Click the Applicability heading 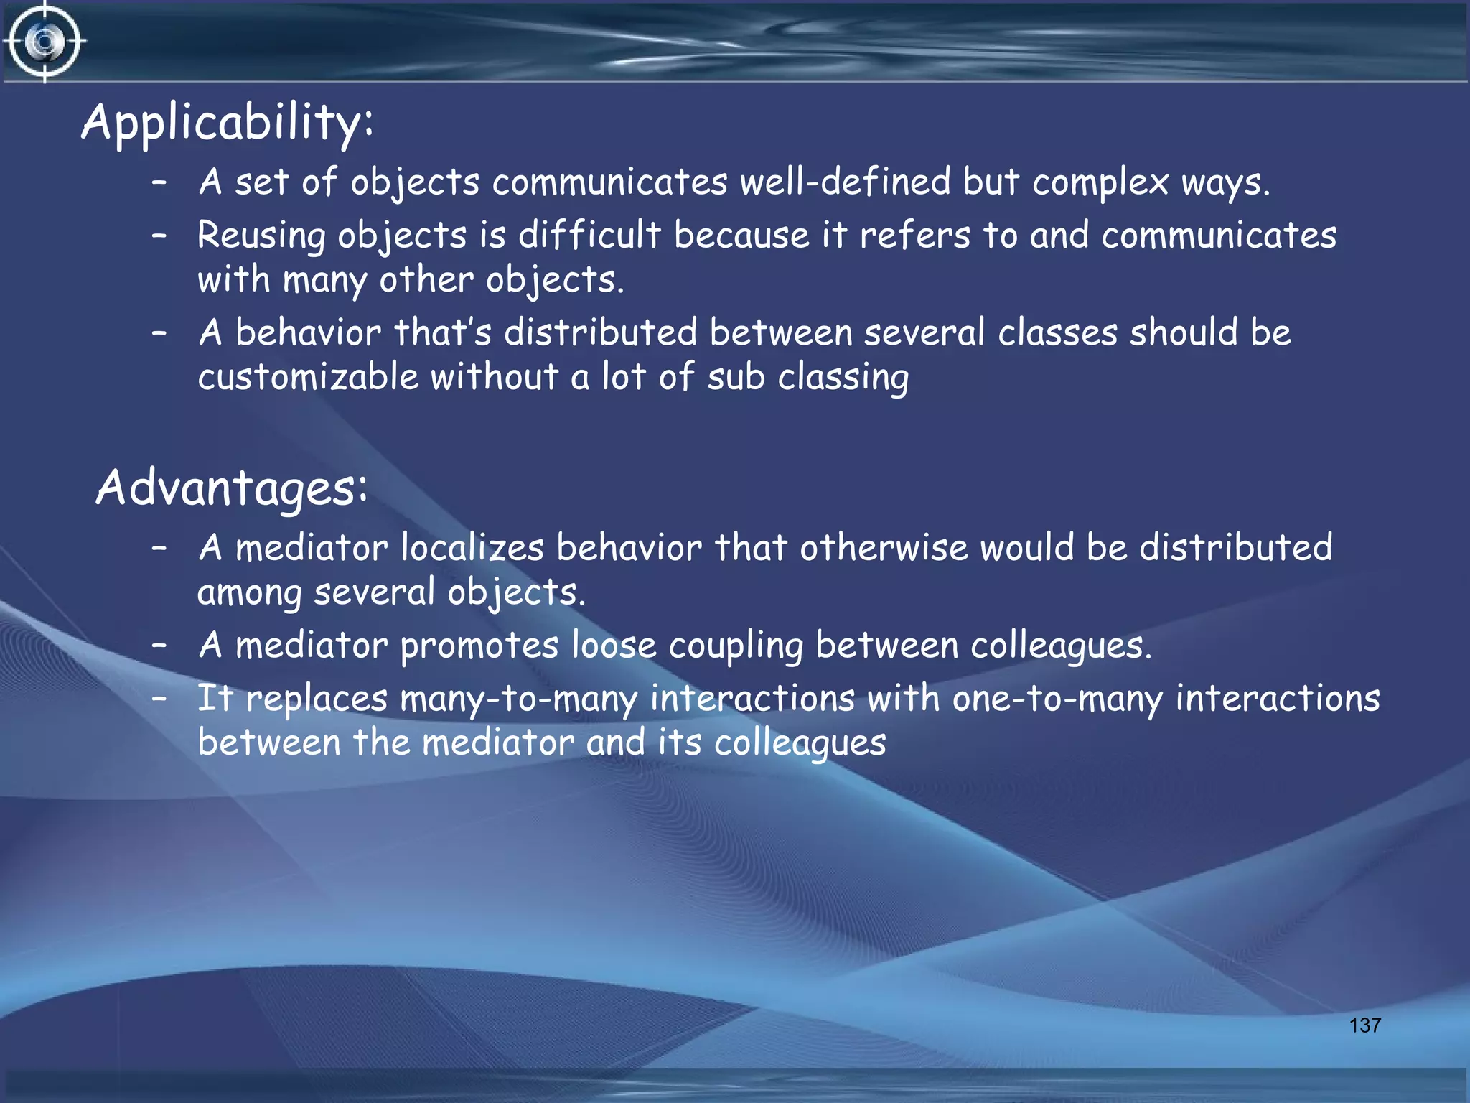coord(227,122)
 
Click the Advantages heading coord(231,488)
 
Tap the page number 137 coord(1364,1025)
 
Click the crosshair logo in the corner coord(45,42)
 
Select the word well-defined coord(845,182)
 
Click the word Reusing coord(261,236)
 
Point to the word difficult coord(589,235)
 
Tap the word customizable coord(308,377)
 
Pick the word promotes coord(479,646)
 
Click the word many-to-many coord(518,699)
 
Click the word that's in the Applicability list coord(442,333)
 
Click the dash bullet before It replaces coord(159,697)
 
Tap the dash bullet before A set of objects coord(159,182)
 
